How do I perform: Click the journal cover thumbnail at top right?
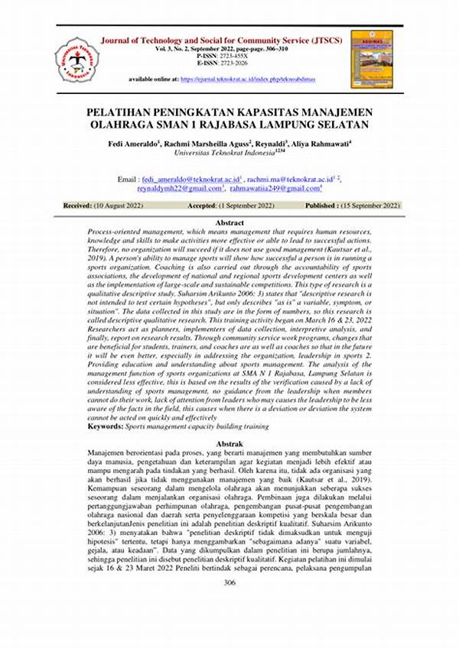pos(372,60)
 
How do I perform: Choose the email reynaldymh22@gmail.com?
pos(179,186)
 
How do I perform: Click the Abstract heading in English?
pos(229,222)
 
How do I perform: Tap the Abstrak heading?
pos(229,443)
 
